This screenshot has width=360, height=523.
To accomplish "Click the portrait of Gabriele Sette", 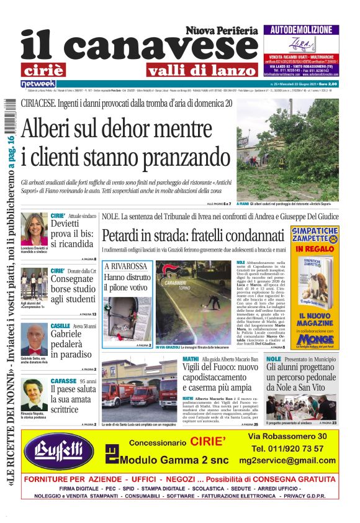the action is pyautogui.click(x=34, y=339).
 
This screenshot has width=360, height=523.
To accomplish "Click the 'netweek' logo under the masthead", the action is pyautogui.click(x=38, y=83).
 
